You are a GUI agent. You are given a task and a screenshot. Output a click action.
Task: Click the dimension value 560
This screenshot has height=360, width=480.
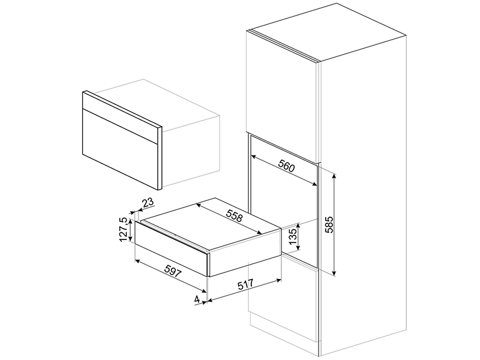pyautogui.click(x=287, y=166)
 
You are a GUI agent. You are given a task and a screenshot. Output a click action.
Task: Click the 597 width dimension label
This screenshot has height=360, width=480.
pyautogui.click(x=174, y=271)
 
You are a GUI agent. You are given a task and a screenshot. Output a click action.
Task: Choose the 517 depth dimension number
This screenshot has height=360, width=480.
pyautogui.click(x=245, y=284)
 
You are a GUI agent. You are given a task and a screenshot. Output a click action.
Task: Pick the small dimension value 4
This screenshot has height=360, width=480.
pyautogui.click(x=197, y=299)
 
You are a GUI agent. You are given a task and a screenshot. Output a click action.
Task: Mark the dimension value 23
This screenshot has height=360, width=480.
pyautogui.click(x=148, y=203)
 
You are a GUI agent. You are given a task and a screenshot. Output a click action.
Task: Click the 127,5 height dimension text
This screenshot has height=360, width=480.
pyautogui.click(x=124, y=229)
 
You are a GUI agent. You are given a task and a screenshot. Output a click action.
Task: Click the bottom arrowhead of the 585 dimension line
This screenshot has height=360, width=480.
pyautogui.click(x=335, y=272)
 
